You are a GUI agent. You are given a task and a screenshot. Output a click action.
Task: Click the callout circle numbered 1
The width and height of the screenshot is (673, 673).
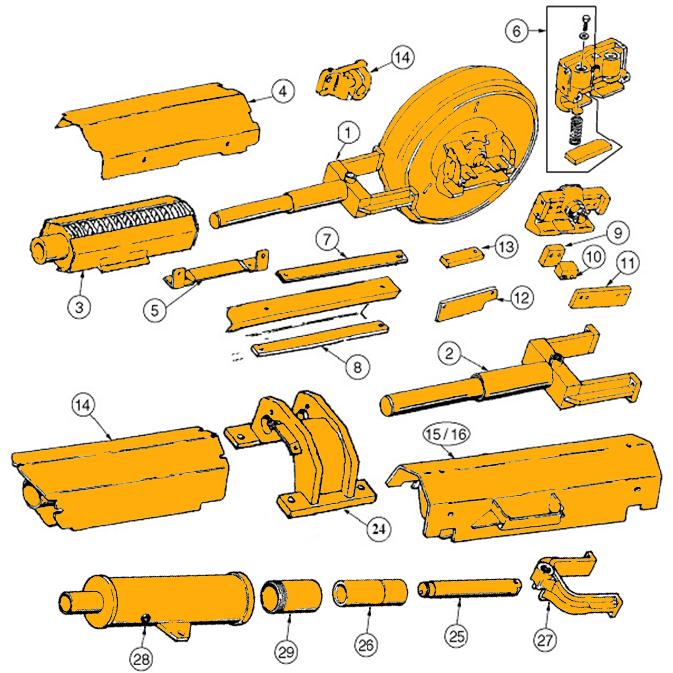347,133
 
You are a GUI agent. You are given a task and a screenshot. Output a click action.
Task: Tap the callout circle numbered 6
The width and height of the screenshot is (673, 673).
516,30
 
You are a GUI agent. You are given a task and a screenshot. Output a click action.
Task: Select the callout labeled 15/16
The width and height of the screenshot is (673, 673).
446,434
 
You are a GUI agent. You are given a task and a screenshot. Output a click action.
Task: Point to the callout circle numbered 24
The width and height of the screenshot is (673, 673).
379,529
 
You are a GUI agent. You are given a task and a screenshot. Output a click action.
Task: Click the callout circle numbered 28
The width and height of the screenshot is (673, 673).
142,658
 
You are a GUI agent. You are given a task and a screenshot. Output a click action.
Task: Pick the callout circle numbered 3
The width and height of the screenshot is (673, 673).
80,307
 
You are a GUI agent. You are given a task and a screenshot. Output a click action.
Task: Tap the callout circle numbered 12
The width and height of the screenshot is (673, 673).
521,297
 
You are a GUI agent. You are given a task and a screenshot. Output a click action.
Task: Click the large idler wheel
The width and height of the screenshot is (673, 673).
459,149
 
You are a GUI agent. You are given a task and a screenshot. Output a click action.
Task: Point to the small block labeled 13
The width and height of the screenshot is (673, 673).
462,259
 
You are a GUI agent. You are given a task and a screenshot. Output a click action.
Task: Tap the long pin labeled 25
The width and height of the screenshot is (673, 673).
470,588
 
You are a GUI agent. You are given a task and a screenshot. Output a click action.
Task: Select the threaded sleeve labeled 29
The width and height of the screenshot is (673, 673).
291,596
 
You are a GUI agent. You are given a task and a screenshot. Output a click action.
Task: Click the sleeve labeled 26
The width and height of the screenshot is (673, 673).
370,592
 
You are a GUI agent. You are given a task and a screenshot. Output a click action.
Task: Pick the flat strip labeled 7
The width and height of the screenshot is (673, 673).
342,267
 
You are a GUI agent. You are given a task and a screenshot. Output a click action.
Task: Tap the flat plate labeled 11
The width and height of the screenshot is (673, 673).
600,297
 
